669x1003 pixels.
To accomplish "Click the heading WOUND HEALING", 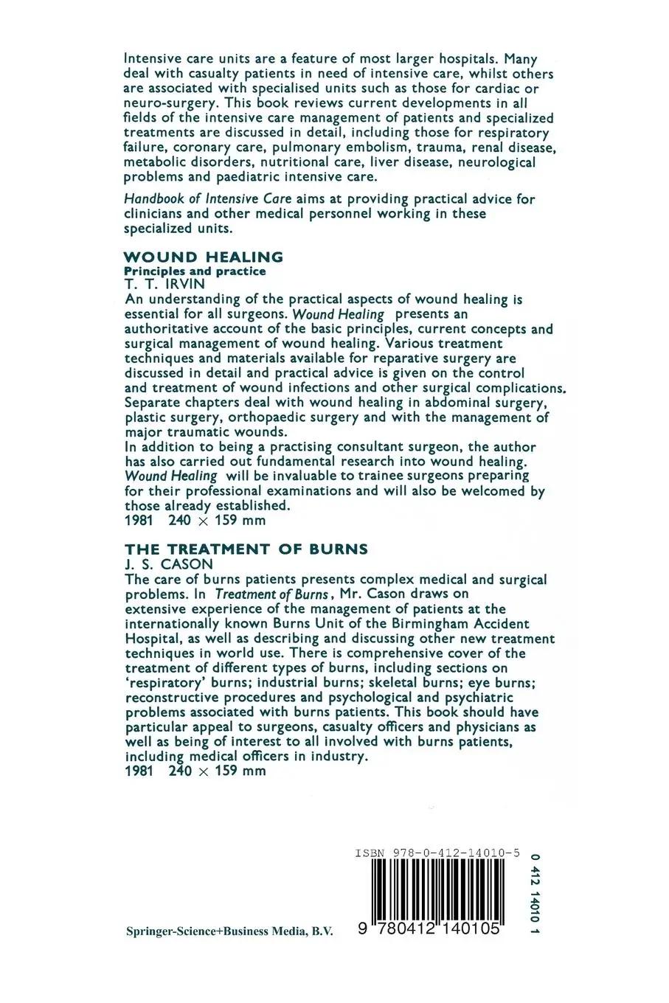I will click(204, 257).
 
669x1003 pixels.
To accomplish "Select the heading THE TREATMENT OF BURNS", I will click(246, 549).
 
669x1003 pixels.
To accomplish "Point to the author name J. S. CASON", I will click(168, 565).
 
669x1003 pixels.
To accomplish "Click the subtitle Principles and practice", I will click(195, 271).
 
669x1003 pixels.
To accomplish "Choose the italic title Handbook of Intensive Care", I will click(208, 199).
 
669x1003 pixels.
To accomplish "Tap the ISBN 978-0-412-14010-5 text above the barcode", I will click(437, 853).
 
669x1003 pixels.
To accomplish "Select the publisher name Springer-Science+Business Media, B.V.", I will click(229, 932).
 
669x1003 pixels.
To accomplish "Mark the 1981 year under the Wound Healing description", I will click(139, 521).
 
